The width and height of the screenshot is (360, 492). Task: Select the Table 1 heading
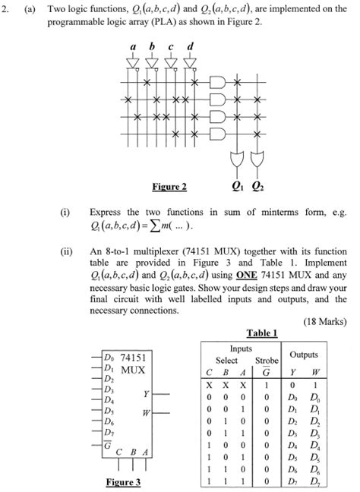tap(262, 332)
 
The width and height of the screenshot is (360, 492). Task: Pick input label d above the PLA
tap(189, 46)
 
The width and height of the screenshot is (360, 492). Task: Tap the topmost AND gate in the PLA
tap(216, 81)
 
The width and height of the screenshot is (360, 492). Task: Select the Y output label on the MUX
tap(145, 393)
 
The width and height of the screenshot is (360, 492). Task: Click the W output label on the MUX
tap(144, 412)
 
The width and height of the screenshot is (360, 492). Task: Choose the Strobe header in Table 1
tap(267, 359)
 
